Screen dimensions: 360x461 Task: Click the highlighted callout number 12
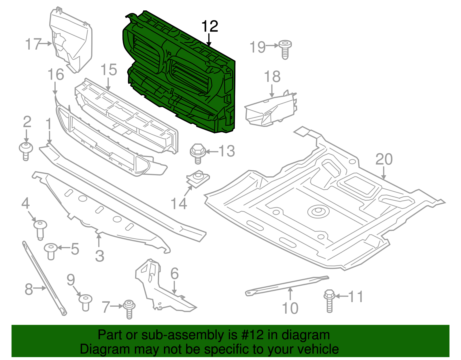pyautogui.click(x=210, y=27)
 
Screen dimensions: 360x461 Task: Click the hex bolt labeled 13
pyautogui.click(x=197, y=153)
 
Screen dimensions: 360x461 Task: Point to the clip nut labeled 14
pyautogui.click(x=198, y=178)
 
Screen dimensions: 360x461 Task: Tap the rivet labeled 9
pyautogui.click(x=85, y=302)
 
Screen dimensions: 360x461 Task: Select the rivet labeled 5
pyautogui.click(x=51, y=251)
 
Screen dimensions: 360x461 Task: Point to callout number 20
pyautogui.click(x=384, y=159)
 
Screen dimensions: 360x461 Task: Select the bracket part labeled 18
pyautogui.click(x=271, y=111)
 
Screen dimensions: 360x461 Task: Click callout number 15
pyautogui.click(x=109, y=70)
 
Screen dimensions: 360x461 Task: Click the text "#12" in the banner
pyautogui.click(x=251, y=335)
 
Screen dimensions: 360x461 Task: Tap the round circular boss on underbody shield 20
pyautogui.click(x=318, y=212)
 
